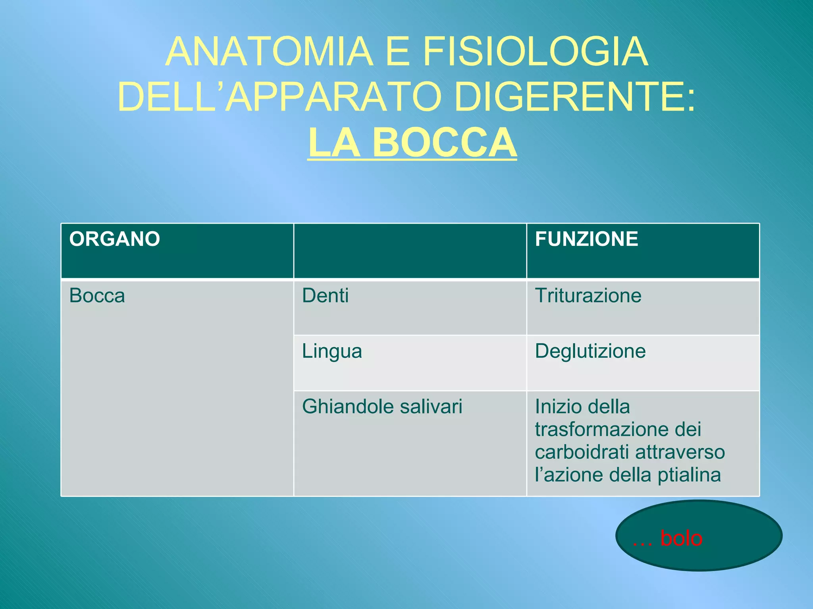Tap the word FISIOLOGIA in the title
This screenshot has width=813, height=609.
535,52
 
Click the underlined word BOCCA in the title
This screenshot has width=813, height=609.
444,143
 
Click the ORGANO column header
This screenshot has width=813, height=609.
115,239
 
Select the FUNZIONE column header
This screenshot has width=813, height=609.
586,239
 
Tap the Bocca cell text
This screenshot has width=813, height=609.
97,296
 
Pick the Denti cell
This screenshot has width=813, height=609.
326,296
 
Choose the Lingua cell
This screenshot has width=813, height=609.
332,352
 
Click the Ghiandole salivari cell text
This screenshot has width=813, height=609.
382,407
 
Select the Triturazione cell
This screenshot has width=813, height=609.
588,296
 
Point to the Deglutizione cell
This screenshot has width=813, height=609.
590,352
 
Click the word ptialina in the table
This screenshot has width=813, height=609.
689,475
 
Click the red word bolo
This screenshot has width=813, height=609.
681,538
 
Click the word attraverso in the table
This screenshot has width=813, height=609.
680,452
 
